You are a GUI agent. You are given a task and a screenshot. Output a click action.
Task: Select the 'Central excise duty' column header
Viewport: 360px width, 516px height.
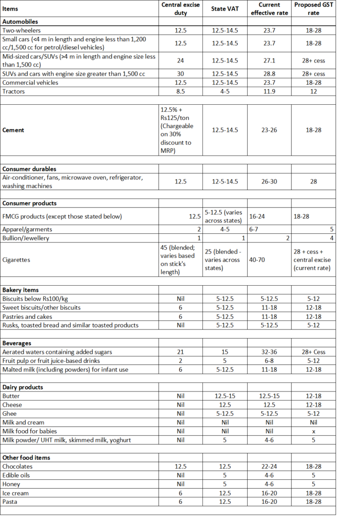point(181,9)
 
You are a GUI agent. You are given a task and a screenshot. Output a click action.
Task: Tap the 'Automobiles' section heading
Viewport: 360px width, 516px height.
point(20,22)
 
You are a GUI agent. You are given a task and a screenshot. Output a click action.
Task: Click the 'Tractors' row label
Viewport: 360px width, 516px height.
point(14,91)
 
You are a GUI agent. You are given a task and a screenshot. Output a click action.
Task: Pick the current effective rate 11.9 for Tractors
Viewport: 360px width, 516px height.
point(269,91)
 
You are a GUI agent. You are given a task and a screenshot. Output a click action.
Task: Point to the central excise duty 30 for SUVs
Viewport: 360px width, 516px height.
point(181,74)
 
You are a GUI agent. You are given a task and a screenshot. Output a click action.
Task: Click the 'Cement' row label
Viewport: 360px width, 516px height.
point(14,130)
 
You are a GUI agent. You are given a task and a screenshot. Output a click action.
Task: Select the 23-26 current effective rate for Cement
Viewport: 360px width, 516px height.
point(269,130)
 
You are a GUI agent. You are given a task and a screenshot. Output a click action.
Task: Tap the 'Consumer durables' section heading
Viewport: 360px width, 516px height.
point(29,169)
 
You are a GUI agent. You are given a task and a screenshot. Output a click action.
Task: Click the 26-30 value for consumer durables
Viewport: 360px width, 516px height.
point(269,181)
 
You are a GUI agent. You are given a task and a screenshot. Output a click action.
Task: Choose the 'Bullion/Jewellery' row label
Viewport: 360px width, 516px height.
point(26,238)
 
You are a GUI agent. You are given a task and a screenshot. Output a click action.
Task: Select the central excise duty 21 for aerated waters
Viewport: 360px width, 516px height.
point(181,351)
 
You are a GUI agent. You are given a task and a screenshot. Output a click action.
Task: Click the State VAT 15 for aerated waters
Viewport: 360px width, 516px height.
point(225,351)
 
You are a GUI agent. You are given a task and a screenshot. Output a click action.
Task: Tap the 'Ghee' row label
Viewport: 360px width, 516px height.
point(10,413)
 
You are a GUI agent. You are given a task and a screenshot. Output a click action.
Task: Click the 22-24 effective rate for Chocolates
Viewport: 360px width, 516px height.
point(269,467)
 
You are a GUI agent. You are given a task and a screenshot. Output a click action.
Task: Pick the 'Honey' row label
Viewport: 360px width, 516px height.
point(12,484)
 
